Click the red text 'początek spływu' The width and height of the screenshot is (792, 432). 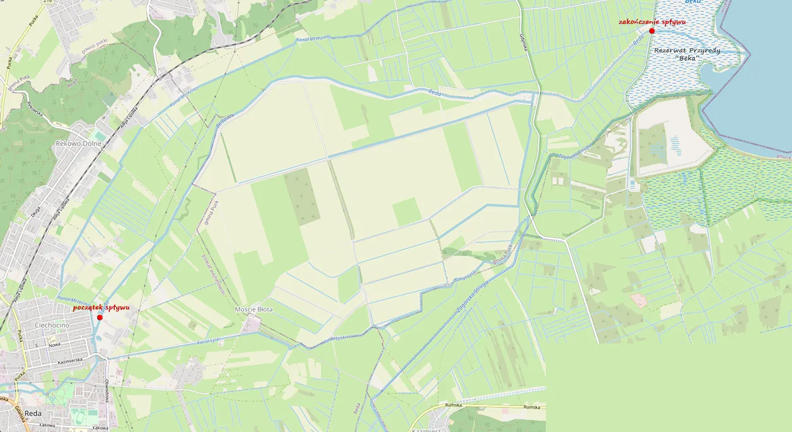click(101, 308)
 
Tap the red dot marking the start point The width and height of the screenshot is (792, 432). click(100, 317)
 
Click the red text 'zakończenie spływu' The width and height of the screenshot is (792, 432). click(651, 21)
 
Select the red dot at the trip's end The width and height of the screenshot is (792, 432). click(652, 31)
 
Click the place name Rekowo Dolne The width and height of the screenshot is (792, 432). click(79, 144)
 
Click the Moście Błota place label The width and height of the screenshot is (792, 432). click(253, 310)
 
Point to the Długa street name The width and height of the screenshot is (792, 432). click(35, 213)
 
